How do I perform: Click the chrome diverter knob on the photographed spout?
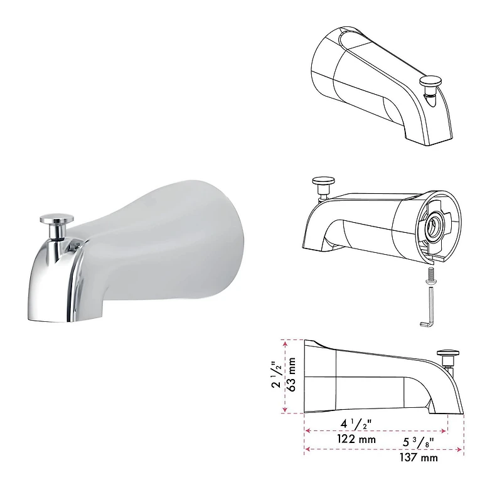point(55,220)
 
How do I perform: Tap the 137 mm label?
point(419,458)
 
